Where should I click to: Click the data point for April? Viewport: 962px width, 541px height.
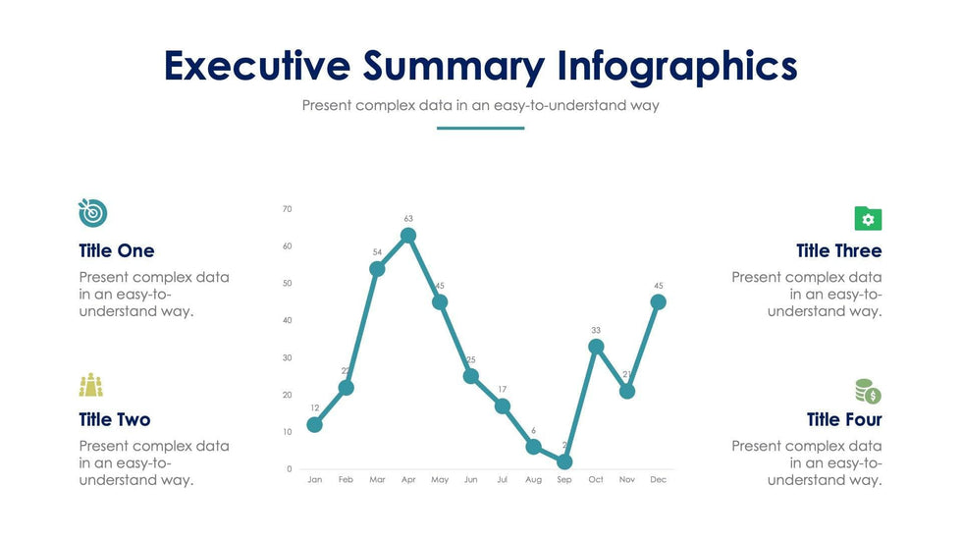pyautogui.click(x=408, y=236)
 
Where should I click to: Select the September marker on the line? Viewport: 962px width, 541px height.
pyautogui.click(x=564, y=461)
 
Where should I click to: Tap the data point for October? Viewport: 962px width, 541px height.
pyautogui.click(x=596, y=347)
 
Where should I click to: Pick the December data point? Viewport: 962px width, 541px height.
pyautogui.click(x=659, y=302)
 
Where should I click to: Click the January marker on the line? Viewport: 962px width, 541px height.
pyautogui.click(x=314, y=425)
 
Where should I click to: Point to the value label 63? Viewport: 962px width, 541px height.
pyautogui.click(x=408, y=219)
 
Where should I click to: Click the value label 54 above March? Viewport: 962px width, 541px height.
pyautogui.click(x=377, y=252)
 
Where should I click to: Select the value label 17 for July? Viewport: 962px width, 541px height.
pyautogui.click(x=503, y=390)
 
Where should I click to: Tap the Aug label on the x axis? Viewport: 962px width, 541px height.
pyautogui.click(x=533, y=480)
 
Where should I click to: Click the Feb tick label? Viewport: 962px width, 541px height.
pyautogui.click(x=346, y=480)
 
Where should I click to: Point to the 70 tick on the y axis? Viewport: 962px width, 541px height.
pyautogui.click(x=287, y=209)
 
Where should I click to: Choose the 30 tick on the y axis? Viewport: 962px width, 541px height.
pyautogui.click(x=287, y=357)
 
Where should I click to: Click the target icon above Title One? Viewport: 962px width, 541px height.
pyautogui.click(x=92, y=212)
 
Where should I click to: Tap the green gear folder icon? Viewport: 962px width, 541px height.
pyautogui.click(x=868, y=219)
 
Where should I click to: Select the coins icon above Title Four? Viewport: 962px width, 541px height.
pyautogui.click(x=868, y=392)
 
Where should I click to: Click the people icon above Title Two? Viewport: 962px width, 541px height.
pyautogui.click(x=91, y=385)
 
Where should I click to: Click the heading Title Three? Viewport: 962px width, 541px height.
pyautogui.click(x=838, y=251)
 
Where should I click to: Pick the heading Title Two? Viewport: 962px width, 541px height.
pyautogui.click(x=115, y=420)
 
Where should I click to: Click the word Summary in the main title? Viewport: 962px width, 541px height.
pyautogui.click(x=454, y=66)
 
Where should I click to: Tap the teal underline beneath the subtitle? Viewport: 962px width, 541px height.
pyautogui.click(x=480, y=128)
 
